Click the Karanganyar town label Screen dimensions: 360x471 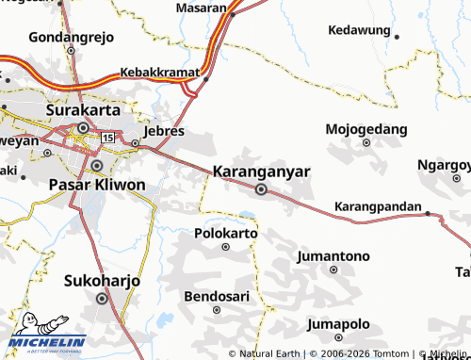[262, 172]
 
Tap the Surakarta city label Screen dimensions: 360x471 [83, 109]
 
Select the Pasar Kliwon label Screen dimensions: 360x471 [96, 185]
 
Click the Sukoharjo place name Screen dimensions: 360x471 [102, 281]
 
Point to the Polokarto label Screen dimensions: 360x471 [225, 232]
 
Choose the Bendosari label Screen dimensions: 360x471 [218, 296]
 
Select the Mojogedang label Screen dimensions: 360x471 [366, 128]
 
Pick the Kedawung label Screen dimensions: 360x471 [359, 30]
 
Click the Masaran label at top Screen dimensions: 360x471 [202, 8]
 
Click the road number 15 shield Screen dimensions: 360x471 [107, 139]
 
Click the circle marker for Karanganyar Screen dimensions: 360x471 [261, 189]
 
